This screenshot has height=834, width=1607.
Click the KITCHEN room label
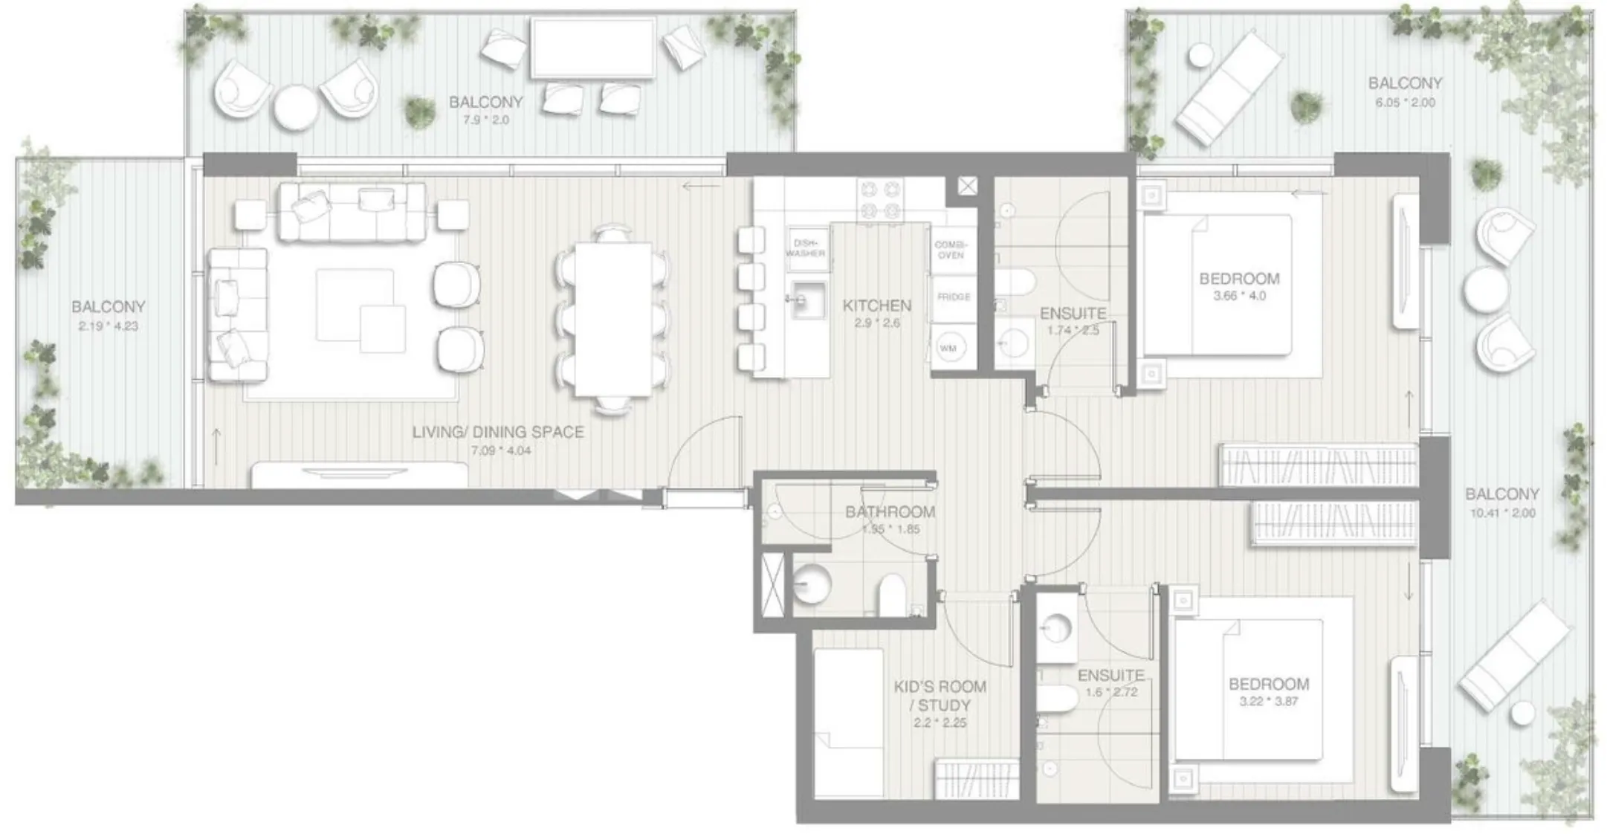pyautogui.click(x=876, y=306)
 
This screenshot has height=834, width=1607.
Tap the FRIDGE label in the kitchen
pyautogui.click(x=954, y=297)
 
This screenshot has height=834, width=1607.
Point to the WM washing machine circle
pyautogui.click(x=948, y=348)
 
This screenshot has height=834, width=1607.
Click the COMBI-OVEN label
pyautogui.click(x=951, y=250)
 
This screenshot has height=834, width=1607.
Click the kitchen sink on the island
pyautogui.click(x=807, y=300)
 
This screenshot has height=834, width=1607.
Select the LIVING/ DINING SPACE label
pyautogui.click(x=498, y=432)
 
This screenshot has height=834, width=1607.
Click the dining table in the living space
pyautogui.click(x=612, y=320)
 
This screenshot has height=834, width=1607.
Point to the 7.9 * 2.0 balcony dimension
pyautogui.click(x=486, y=120)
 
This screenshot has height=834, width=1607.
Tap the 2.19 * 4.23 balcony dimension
pyautogui.click(x=108, y=326)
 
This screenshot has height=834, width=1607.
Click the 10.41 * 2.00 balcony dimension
pyautogui.click(x=1502, y=513)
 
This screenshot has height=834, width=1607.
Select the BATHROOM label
pyautogui.click(x=890, y=512)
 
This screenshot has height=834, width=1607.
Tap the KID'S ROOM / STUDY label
pyautogui.click(x=940, y=696)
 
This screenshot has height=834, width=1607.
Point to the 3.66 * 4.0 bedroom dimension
pyautogui.click(x=1239, y=296)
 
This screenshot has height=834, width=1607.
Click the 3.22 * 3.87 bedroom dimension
pyautogui.click(x=1268, y=701)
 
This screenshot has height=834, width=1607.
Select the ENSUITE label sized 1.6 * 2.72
pyautogui.click(x=1110, y=675)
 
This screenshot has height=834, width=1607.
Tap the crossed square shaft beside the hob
pyautogui.click(x=967, y=186)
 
